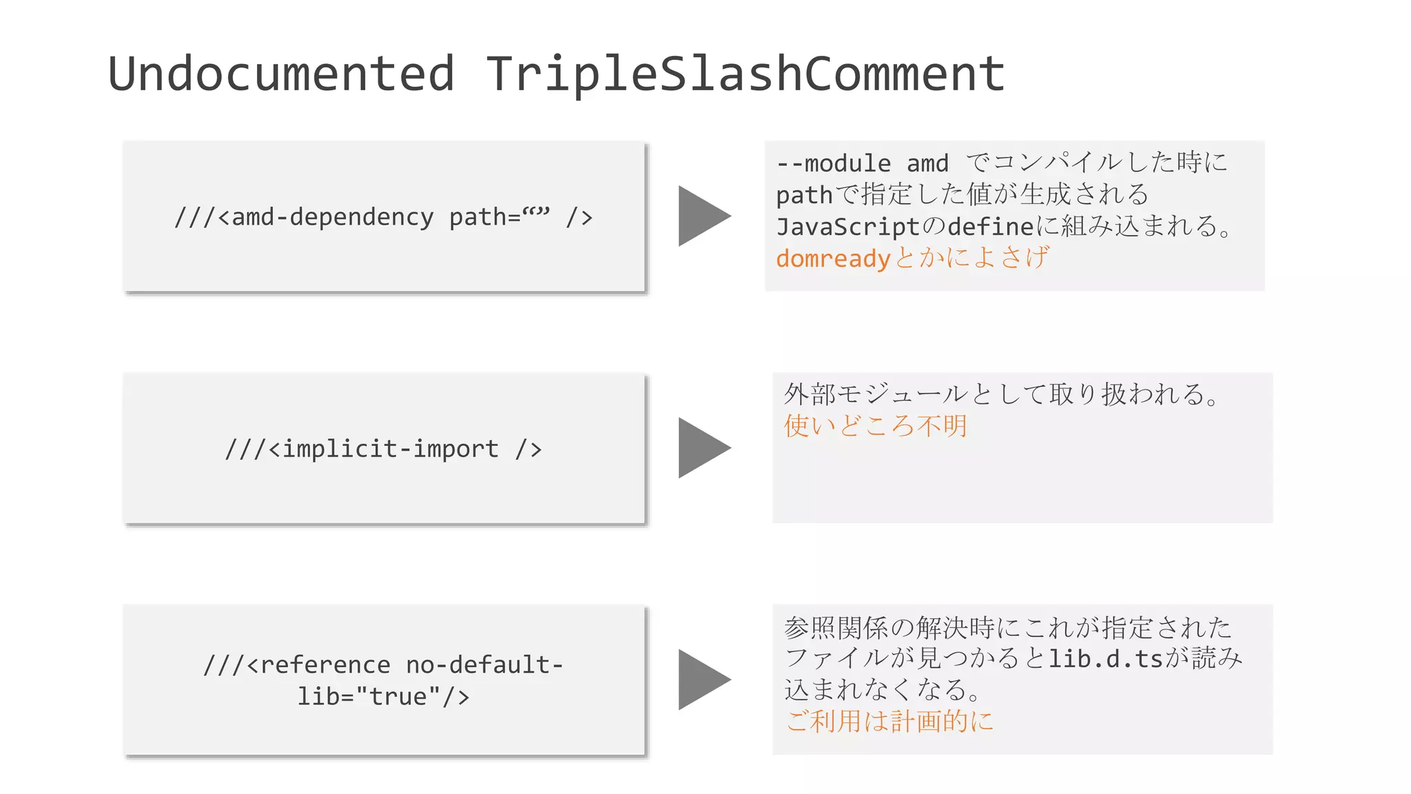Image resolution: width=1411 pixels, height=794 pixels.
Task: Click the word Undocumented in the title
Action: click(281, 74)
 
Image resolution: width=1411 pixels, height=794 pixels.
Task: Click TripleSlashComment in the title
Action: click(745, 74)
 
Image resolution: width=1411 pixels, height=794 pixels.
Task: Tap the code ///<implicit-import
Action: click(362, 449)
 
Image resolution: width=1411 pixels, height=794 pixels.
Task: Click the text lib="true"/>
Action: click(383, 696)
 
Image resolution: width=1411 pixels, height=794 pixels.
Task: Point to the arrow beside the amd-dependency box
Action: click(701, 216)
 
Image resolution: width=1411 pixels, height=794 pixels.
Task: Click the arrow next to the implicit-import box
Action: click(701, 447)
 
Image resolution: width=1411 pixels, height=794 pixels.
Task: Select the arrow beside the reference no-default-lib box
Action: click(701, 680)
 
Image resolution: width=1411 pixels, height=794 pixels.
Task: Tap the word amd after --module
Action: click(927, 163)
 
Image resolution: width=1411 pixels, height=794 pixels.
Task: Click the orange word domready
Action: click(833, 258)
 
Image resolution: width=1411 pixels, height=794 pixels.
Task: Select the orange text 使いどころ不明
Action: click(875, 426)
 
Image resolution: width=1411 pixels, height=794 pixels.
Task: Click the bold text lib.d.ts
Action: click(1106, 659)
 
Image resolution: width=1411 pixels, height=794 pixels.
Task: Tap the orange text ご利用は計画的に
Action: click(889, 722)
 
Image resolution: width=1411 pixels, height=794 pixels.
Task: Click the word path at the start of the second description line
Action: click(804, 195)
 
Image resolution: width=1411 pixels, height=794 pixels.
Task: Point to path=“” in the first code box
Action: click(499, 217)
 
